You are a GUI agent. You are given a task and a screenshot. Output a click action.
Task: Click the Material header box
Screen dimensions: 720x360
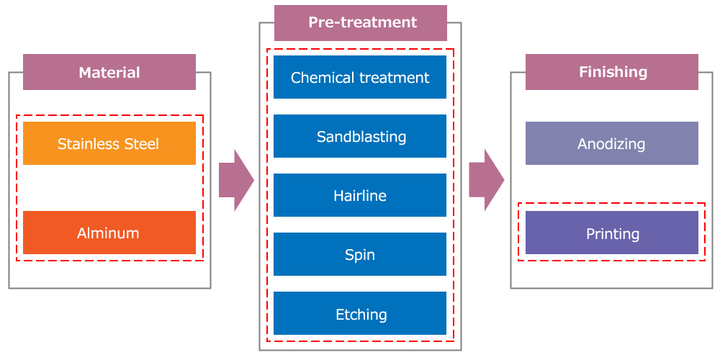[x=109, y=72]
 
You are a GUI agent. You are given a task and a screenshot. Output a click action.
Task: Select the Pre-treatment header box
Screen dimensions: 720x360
[x=361, y=23]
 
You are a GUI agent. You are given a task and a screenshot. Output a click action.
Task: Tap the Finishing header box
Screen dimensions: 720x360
[x=611, y=72]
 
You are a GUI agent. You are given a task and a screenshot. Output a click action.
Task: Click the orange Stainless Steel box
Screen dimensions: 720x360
[x=109, y=143]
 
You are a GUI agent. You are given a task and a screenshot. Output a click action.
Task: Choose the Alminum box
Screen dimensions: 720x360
[x=109, y=233]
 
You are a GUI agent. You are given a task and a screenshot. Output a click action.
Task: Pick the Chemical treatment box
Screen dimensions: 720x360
[x=360, y=77]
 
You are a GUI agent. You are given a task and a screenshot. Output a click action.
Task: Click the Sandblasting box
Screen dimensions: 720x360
[x=360, y=136]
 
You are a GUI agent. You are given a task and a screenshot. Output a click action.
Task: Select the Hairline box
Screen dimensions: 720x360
[x=360, y=195]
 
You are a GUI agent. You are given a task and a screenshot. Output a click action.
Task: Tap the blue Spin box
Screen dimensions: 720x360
[x=360, y=254]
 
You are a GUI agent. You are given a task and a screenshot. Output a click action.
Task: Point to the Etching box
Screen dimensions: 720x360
[x=360, y=314]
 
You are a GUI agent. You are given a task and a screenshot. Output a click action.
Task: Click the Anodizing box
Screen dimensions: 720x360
[x=611, y=143]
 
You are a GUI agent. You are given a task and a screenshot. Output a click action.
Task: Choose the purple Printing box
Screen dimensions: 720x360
[x=611, y=233]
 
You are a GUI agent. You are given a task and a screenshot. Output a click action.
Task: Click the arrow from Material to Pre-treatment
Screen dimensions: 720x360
[x=236, y=180]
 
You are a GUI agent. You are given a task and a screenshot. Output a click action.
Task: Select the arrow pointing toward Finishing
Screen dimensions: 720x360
[x=486, y=180]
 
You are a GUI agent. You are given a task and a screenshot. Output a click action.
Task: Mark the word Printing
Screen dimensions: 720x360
[x=613, y=234]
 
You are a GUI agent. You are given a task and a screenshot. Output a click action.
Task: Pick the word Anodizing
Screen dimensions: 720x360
[x=611, y=145]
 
